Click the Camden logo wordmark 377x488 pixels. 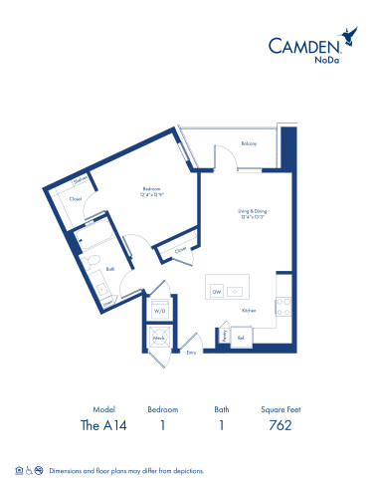[306, 43]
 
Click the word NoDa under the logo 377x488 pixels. [324, 60]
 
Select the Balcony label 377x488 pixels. [249, 143]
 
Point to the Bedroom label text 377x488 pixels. [152, 188]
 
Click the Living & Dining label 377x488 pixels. [253, 211]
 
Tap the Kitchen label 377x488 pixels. [249, 310]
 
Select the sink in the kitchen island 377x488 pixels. [235, 291]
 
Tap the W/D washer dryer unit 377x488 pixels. [158, 310]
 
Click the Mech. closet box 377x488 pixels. [158, 338]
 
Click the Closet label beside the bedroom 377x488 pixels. [76, 199]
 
